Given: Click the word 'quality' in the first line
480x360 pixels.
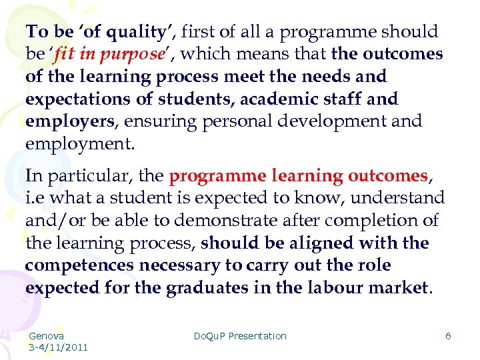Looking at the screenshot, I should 136,31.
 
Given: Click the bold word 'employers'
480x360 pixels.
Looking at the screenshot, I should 69,121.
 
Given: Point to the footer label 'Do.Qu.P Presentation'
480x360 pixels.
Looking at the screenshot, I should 240,336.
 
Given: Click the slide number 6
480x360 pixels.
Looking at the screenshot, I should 448,336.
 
